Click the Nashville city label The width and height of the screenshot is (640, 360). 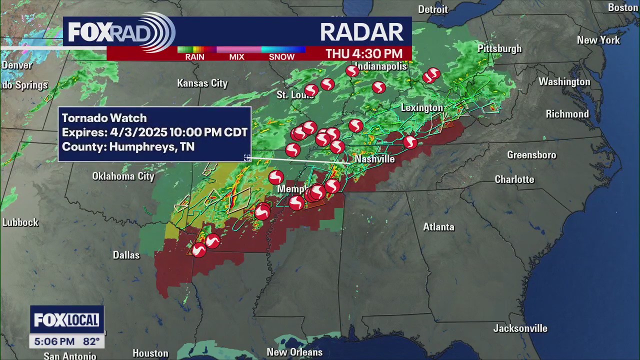(374, 159)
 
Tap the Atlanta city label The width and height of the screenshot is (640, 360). (438, 227)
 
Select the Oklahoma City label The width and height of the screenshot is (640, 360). (123, 176)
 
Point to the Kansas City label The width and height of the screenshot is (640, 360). (202, 83)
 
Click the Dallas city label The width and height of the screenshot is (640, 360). (126, 255)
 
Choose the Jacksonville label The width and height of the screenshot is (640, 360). (520, 328)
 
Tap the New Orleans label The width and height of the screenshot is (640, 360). (294, 352)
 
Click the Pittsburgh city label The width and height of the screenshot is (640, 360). (499, 48)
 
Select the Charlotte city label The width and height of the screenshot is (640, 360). (514, 179)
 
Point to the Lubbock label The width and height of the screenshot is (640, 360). (20, 222)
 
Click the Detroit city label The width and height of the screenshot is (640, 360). (433, 9)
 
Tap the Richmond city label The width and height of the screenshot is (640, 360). (567, 114)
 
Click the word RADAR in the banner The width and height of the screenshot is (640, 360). (361, 32)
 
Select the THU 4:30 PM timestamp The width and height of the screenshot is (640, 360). (364, 53)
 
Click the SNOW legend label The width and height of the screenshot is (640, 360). (281, 57)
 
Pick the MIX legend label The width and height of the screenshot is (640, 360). (236, 57)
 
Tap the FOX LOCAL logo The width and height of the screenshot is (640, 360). (66, 320)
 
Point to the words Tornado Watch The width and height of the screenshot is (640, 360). (104, 118)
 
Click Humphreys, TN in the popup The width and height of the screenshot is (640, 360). (151, 147)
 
